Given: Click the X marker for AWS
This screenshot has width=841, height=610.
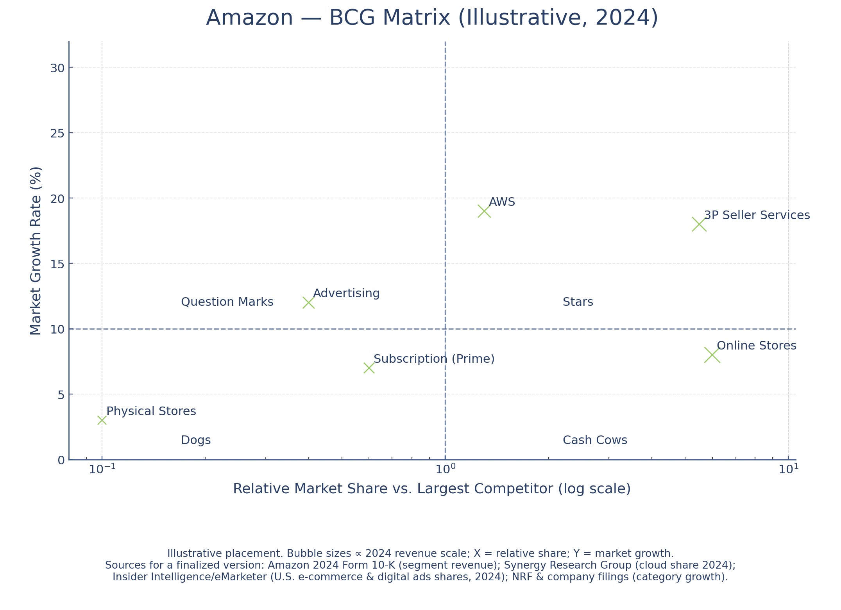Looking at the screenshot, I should [484, 211].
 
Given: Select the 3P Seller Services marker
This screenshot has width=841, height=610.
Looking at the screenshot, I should [699, 225].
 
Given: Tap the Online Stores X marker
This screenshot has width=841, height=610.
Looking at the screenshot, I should [712, 355].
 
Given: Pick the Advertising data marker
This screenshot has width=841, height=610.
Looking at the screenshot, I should [308, 303].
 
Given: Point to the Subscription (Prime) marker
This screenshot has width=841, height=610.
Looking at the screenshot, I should [369, 368].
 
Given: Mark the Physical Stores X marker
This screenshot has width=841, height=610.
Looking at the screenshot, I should [102, 420].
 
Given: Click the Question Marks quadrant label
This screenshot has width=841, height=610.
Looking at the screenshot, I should [227, 302].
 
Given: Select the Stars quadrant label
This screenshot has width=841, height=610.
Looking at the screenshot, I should [578, 302].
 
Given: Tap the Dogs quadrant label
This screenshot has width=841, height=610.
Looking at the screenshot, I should [196, 441].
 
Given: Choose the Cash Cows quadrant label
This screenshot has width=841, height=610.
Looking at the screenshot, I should [595, 441].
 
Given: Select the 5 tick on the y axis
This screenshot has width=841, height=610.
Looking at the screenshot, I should [61, 395].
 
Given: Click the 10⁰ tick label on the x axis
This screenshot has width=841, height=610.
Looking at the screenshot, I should [445, 469].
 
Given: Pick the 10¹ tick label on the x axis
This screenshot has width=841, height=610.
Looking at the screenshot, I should [788, 469].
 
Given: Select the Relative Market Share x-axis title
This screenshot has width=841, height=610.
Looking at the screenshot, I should [432, 489].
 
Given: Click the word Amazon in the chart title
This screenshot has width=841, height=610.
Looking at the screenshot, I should [249, 18].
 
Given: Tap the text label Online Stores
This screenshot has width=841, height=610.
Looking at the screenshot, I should [756, 346].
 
